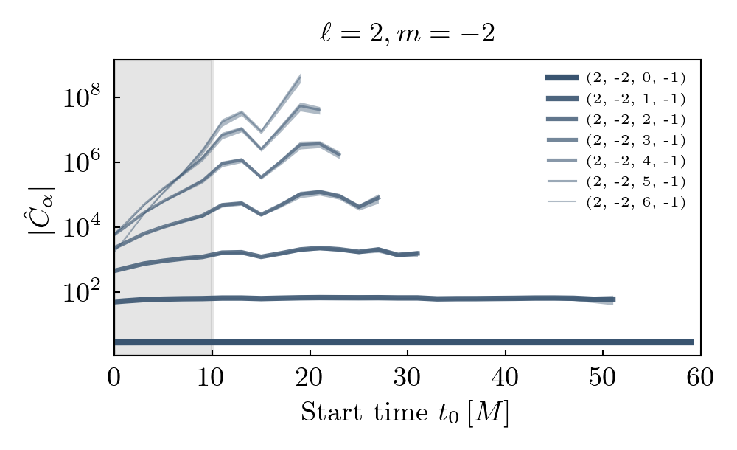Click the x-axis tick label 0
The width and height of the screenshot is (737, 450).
(x=114, y=378)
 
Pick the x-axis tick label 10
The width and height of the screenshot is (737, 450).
(x=212, y=378)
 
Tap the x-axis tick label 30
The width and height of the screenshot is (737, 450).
(x=408, y=378)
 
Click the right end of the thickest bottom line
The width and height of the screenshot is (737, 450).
(x=693, y=342)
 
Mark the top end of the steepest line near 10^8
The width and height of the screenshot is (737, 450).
(x=300, y=75)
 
